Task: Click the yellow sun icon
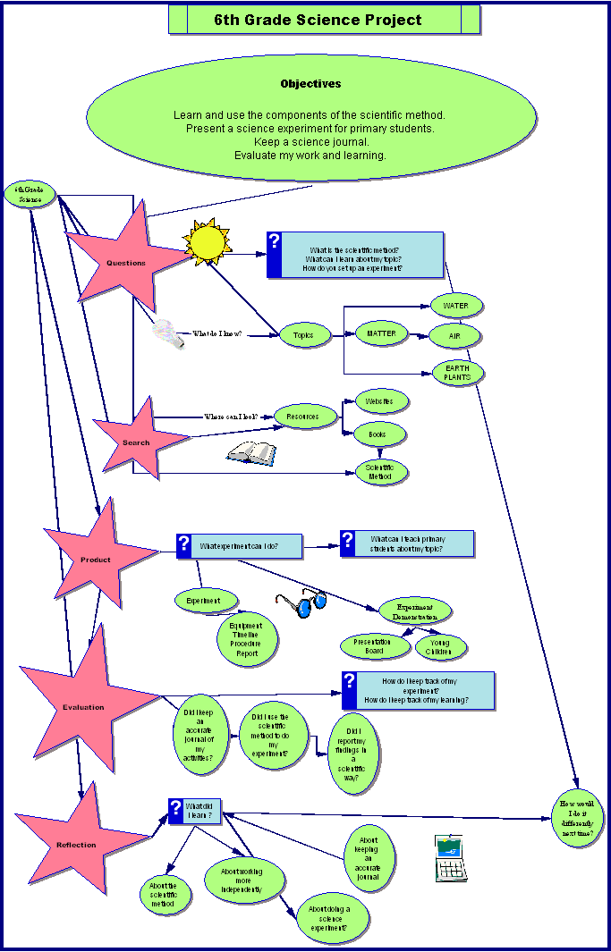coord(208,241)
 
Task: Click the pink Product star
coord(96,559)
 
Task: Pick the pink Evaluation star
coord(82,705)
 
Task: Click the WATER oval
coord(455,306)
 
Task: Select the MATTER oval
coord(382,333)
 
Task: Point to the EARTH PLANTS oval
coord(457,373)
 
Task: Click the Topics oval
coord(303,335)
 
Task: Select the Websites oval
coord(380,400)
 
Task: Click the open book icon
coord(252,453)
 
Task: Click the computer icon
coord(451,857)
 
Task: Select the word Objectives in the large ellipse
coord(310,84)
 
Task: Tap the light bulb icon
coord(166,333)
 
